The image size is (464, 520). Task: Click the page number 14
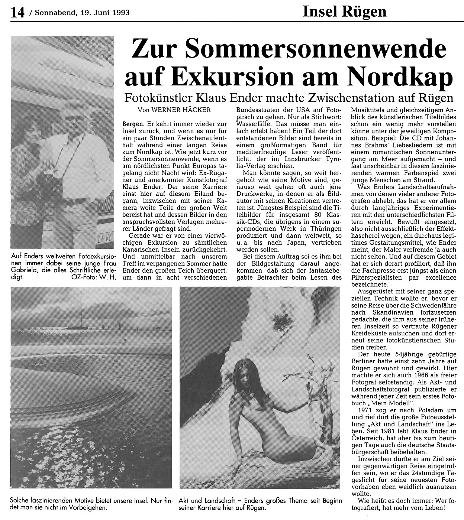click(x=17, y=13)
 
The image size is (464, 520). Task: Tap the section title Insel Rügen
click(x=344, y=12)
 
